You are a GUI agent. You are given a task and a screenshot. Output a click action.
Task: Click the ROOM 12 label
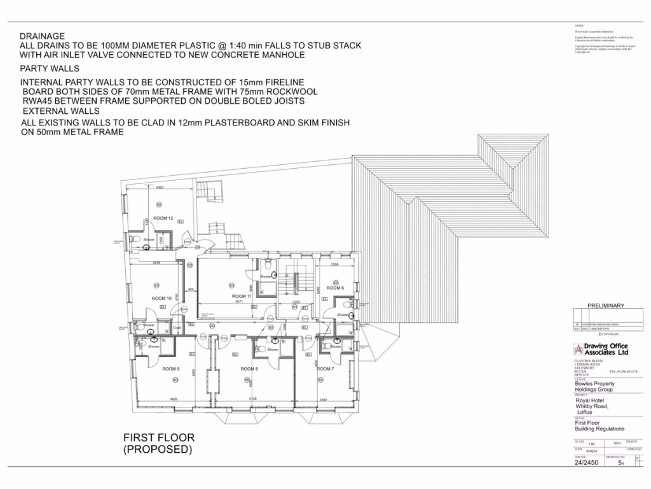(x=163, y=218)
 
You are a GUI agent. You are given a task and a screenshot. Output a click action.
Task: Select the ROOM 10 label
(x=161, y=298)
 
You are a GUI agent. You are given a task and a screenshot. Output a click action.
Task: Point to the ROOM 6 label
(x=335, y=288)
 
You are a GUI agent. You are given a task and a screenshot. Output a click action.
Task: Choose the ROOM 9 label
(x=170, y=369)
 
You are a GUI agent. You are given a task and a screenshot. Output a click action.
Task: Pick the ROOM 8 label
(x=249, y=369)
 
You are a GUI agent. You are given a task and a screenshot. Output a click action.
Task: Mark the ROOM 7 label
(x=325, y=369)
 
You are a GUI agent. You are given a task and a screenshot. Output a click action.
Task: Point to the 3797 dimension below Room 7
(x=327, y=399)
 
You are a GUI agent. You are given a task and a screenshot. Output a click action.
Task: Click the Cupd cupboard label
(x=177, y=329)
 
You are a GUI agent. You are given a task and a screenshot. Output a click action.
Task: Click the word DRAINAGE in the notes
(x=42, y=36)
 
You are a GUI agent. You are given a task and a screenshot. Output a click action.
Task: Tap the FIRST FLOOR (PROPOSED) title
(x=158, y=443)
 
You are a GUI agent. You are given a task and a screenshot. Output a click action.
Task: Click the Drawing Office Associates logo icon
(x=579, y=349)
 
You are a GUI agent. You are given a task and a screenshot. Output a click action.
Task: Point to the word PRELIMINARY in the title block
(x=606, y=306)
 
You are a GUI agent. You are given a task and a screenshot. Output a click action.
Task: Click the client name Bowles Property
(x=594, y=384)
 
